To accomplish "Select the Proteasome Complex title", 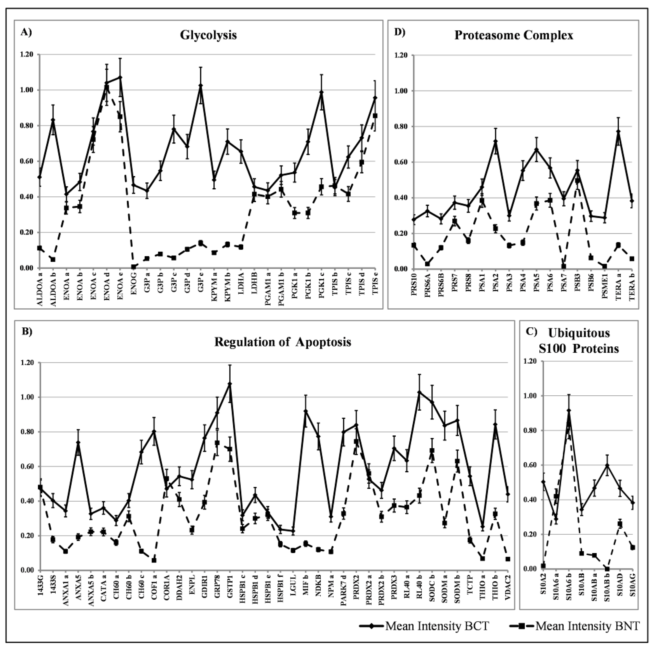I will (x=514, y=35).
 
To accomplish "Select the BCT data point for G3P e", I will (x=200, y=85).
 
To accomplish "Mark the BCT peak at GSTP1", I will (x=230, y=384).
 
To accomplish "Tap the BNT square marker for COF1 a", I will (x=154, y=560).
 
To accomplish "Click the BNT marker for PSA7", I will (x=564, y=266).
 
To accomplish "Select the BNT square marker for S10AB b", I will (x=607, y=569).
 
